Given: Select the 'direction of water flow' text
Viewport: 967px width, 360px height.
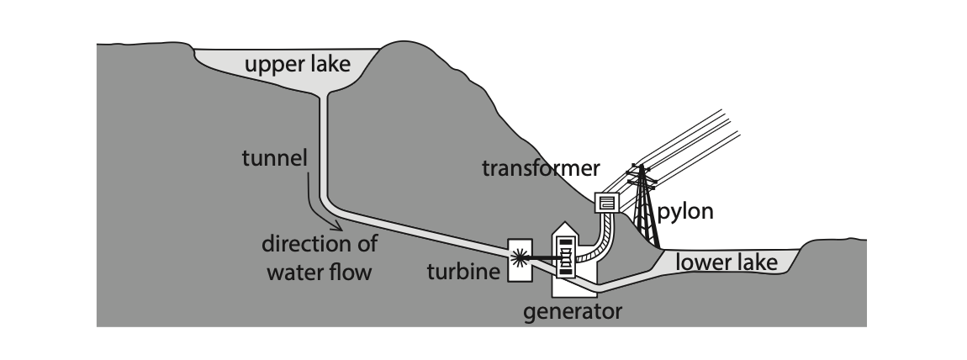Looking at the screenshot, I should pyautogui.click(x=320, y=258).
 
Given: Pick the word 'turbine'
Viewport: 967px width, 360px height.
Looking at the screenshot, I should pyautogui.click(x=462, y=271).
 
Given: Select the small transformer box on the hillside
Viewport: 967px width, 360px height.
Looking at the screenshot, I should pyautogui.click(x=606, y=203).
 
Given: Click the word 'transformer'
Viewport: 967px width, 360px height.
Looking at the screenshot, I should pyautogui.click(x=541, y=168).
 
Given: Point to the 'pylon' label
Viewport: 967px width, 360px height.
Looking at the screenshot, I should pyautogui.click(x=685, y=211).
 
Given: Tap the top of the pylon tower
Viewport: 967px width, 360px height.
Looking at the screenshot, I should pyautogui.click(x=643, y=167).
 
